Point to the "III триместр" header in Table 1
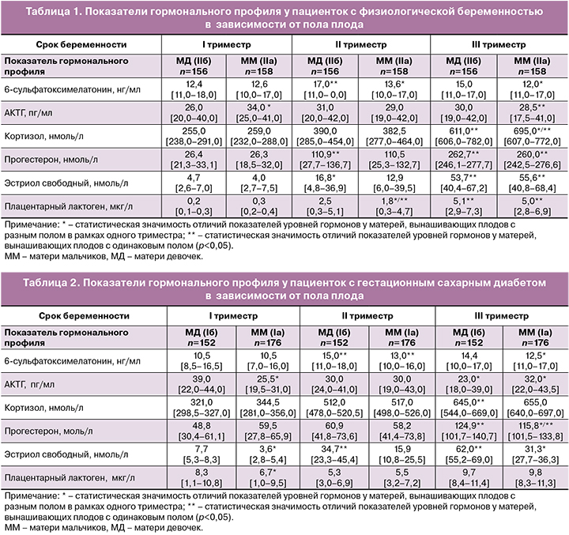(x=499, y=44)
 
